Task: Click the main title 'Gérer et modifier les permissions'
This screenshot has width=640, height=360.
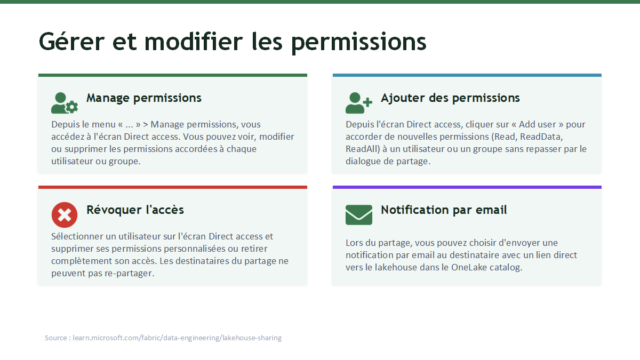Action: [233, 42]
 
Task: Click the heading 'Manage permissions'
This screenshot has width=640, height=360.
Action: [143, 98]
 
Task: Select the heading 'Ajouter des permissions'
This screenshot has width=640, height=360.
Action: [450, 98]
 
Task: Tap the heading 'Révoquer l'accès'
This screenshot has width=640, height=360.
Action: [135, 210]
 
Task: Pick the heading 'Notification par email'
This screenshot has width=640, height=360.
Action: [444, 210]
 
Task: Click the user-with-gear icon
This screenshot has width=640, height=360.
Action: [65, 103]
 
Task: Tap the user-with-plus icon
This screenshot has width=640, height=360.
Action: [359, 103]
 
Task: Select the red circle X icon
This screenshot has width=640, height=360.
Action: [65, 215]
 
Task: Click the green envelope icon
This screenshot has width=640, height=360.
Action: [359, 215]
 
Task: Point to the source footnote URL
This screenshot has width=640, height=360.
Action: [177, 338]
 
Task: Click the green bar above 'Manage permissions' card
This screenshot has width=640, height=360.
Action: [173, 75]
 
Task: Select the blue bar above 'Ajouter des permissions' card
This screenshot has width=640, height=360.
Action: [467, 75]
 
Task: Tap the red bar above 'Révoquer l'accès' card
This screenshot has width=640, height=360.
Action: [173, 187]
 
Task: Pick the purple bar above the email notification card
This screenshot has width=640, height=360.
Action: [467, 187]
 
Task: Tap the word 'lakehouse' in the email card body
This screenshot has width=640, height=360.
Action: [396, 267]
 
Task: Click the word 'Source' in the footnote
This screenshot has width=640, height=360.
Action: [55, 338]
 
